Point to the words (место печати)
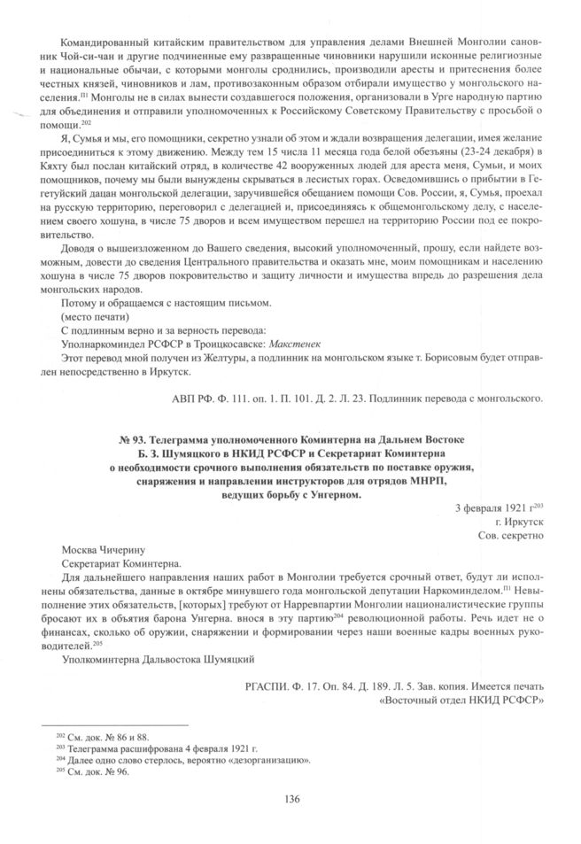(97, 315)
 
